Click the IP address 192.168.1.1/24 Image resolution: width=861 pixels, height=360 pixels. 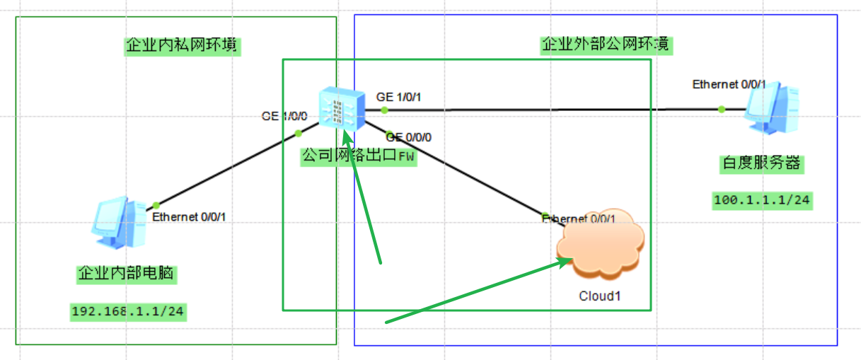(x=128, y=311)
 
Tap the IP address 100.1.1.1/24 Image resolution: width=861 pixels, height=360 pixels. (x=761, y=200)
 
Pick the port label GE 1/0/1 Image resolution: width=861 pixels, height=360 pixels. (x=399, y=97)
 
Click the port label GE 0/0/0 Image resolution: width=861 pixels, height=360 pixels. (x=409, y=137)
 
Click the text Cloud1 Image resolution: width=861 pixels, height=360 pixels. (x=599, y=296)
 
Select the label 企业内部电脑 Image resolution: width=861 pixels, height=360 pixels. (x=127, y=274)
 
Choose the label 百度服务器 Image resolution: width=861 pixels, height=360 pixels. (x=761, y=163)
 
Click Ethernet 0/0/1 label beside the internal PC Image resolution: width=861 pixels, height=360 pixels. (x=189, y=216)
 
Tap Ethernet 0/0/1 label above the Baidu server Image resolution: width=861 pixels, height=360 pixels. (x=729, y=84)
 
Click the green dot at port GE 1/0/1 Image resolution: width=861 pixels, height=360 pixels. (x=384, y=110)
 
